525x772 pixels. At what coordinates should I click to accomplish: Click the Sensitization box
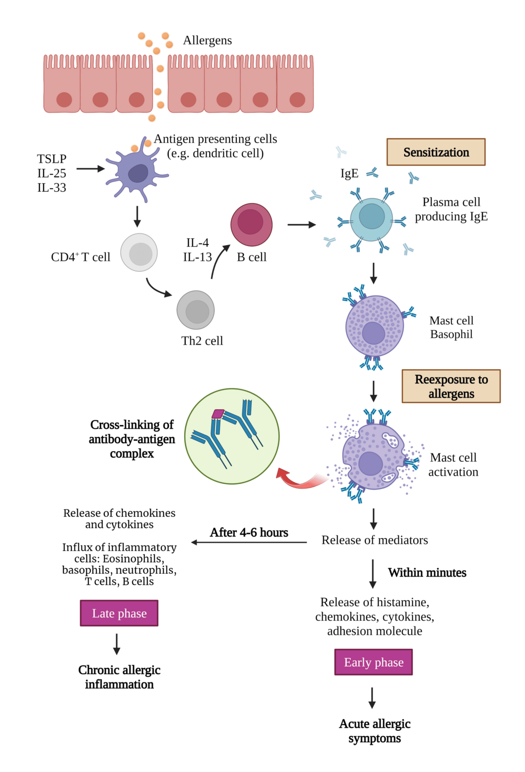(x=436, y=152)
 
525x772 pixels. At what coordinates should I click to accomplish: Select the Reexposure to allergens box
(x=450, y=386)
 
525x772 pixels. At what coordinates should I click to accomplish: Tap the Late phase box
(x=119, y=613)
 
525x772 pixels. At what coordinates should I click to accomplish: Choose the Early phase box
(x=373, y=662)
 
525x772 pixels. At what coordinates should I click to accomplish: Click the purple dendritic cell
(x=137, y=173)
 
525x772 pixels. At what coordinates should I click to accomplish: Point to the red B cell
(x=251, y=224)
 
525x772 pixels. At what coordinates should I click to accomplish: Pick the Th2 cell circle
(x=195, y=310)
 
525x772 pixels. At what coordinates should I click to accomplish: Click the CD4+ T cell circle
(x=139, y=253)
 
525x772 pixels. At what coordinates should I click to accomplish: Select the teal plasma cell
(x=371, y=219)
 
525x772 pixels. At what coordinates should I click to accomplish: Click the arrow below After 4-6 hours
(x=249, y=542)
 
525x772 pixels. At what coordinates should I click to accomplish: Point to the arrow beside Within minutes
(x=373, y=573)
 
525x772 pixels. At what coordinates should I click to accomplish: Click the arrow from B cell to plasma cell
(x=301, y=225)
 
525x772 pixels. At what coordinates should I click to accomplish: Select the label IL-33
(x=52, y=188)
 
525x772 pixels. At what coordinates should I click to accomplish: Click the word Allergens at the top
(x=207, y=40)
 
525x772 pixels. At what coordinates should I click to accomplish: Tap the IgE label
(x=349, y=174)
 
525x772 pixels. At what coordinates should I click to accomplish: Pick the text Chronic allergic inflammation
(x=119, y=677)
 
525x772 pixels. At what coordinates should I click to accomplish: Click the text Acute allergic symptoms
(x=374, y=731)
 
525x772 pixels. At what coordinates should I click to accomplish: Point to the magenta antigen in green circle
(x=218, y=413)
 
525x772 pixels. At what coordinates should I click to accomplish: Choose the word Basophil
(x=451, y=335)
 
